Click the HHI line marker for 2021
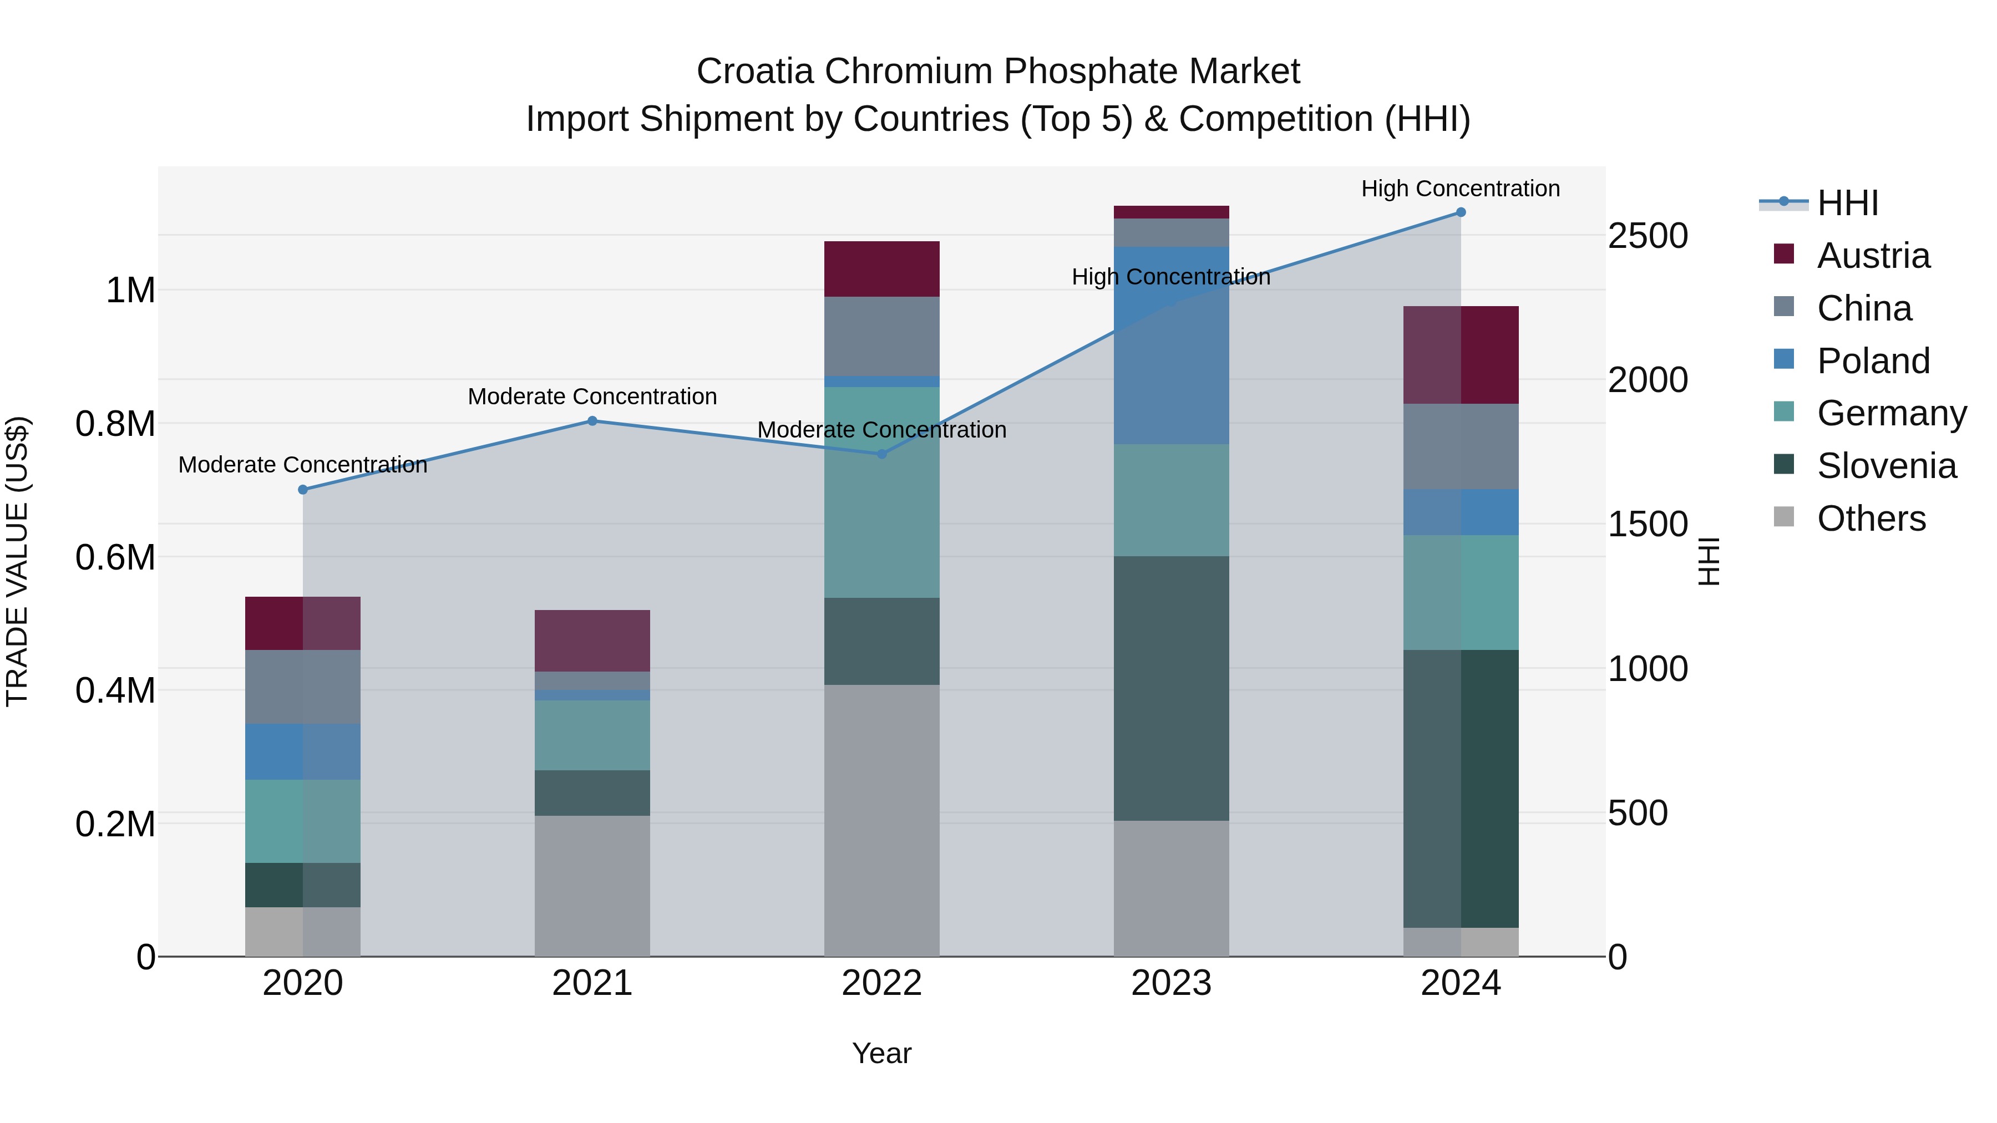pyautogui.click(x=592, y=421)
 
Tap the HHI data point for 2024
pyautogui.click(x=1461, y=212)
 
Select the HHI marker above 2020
pyautogui.click(x=303, y=490)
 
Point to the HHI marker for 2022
pyautogui.click(x=881, y=454)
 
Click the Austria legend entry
pyautogui.click(x=1872, y=256)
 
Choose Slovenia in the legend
pyautogui.click(x=1886, y=466)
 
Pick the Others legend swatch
pyautogui.click(x=1784, y=517)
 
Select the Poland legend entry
pyautogui.click(x=1872, y=361)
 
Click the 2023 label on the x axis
pyautogui.click(x=1170, y=983)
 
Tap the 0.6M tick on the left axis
pyautogui.click(x=115, y=557)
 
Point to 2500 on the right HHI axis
pyautogui.click(x=1648, y=236)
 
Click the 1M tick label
pyautogui.click(x=130, y=291)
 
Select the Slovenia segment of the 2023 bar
pyautogui.click(x=1170, y=688)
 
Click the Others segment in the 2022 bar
pyautogui.click(x=881, y=820)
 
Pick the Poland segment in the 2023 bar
pyautogui.click(x=1170, y=345)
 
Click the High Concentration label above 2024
pyautogui.click(x=1461, y=189)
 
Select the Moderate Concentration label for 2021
pyautogui.click(x=592, y=396)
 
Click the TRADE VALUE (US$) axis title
pyautogui.click(x=17, y=561)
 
